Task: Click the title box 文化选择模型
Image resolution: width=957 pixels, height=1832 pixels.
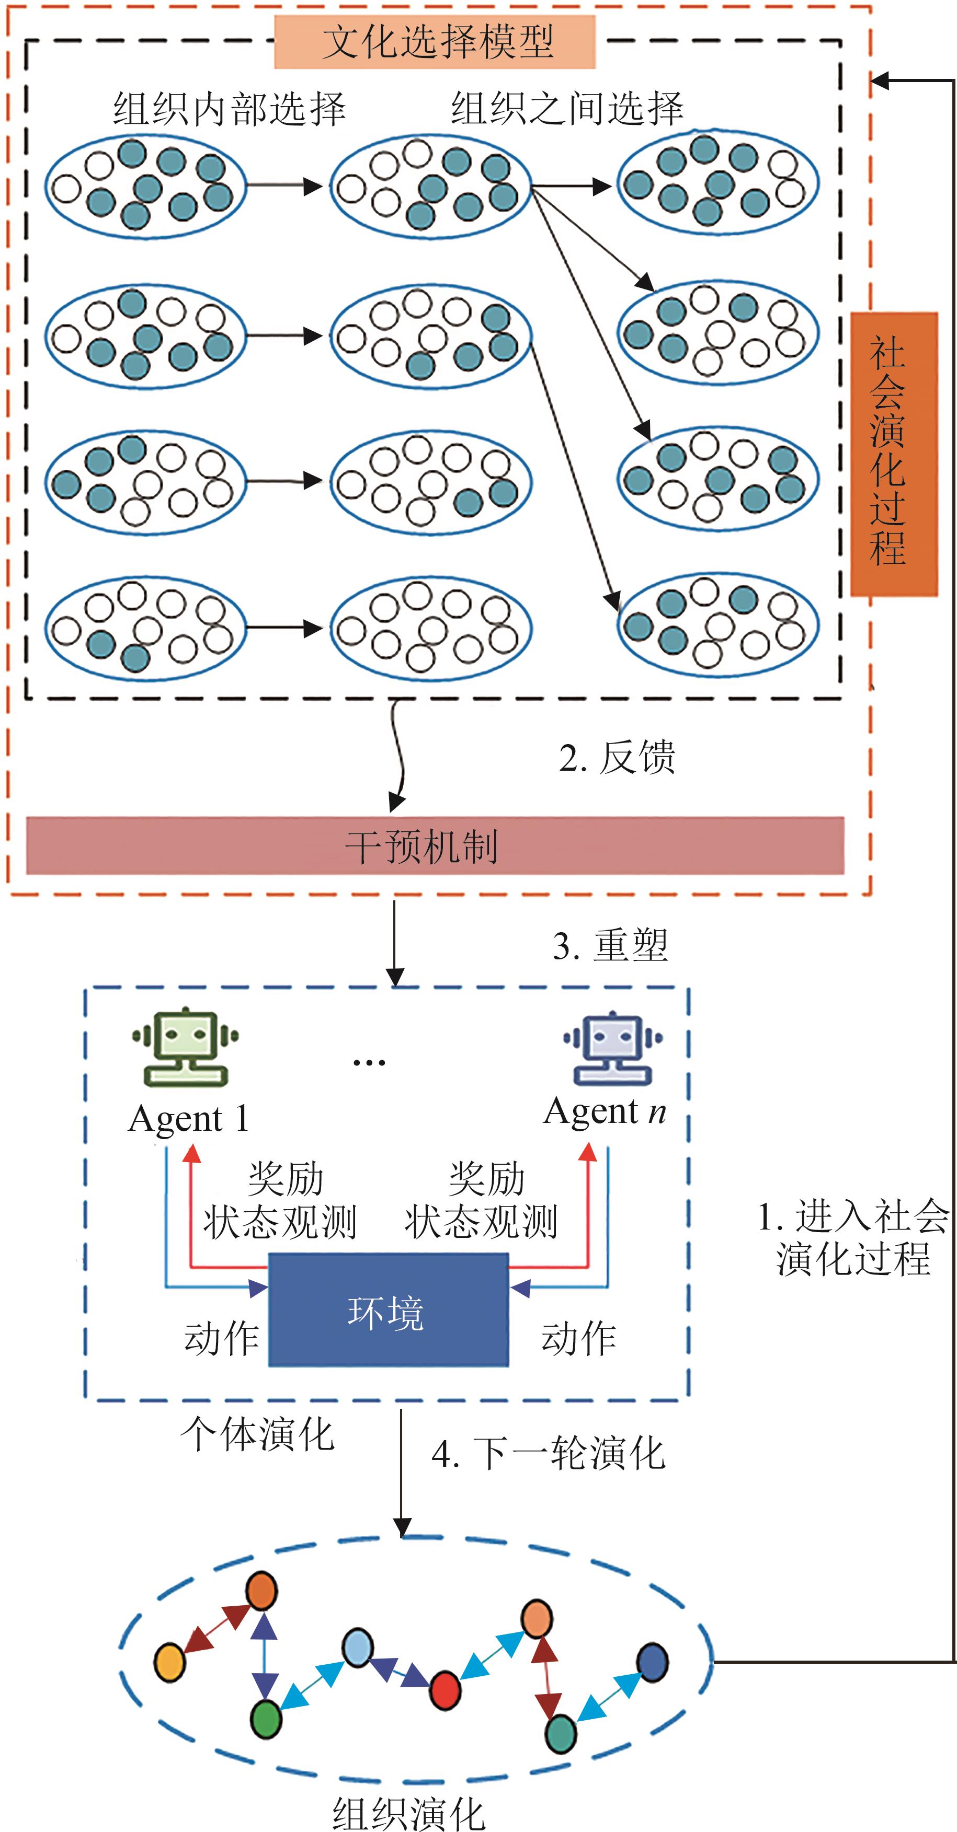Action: point(435,41)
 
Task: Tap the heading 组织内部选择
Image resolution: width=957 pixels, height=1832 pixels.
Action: point(229,110)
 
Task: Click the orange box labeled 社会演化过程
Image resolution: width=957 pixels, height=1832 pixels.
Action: point(894,454)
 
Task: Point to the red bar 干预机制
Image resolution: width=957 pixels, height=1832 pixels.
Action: point(435,845)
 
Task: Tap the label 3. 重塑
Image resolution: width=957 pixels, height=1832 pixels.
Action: point(610,945)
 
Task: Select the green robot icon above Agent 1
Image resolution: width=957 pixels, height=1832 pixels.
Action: point(186,1046)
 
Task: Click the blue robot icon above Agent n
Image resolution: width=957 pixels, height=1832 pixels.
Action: point(612,1047)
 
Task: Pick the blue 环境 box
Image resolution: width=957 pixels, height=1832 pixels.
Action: point(389,1309)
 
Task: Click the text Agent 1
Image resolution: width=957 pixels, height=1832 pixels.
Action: point(189,1119)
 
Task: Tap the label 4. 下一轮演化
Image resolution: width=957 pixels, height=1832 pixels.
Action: point(548,1453)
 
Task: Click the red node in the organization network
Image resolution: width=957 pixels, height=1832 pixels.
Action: point(446,1690)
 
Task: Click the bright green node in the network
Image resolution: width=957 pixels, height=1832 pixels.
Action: point(267,1719)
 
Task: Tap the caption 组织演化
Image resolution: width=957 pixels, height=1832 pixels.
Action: point(408,1813)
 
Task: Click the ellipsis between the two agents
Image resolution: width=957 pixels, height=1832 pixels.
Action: point(369,1062)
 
